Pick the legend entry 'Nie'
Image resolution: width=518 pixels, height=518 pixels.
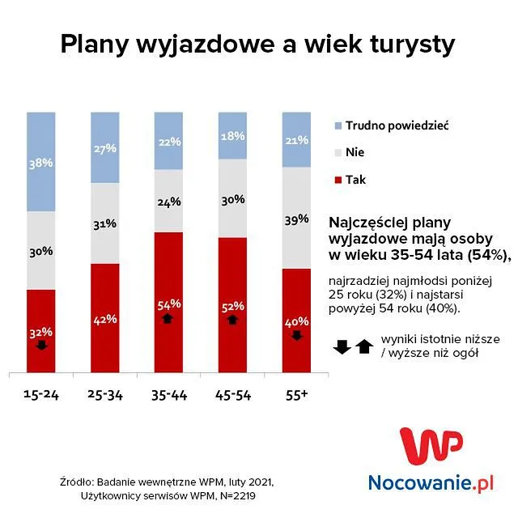[355, 152]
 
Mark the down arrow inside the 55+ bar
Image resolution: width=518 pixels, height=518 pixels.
[297, 334]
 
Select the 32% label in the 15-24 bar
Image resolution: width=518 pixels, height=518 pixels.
[42, 332]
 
